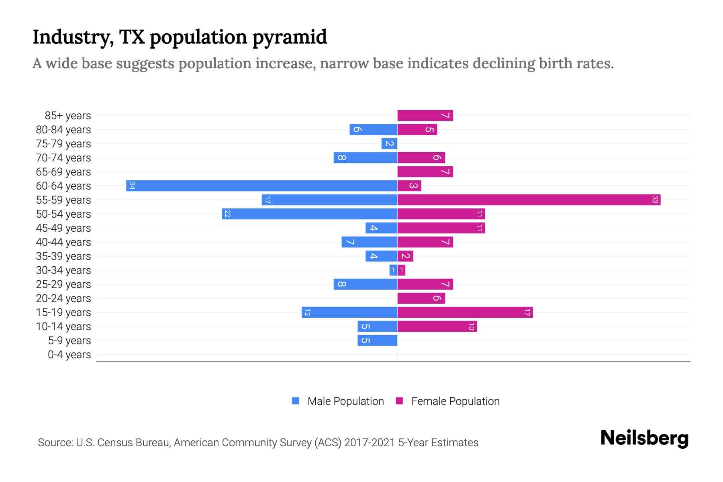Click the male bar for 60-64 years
pyautogui.click(x=261, y=186)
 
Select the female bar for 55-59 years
pyautogui.click(x=529, y=200)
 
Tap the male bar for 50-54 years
pyautogui.click(x=309, y=214)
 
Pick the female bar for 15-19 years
pyautogui.click(x=465, y=312)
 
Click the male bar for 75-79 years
pyautogui.click(x=389, y=144)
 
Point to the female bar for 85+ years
pyautogui.click(x=425, y=116)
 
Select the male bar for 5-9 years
pyautogui.click(x=377, y=341)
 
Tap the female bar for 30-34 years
pyautogui.click(x=401, y=270)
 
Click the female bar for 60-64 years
pyautogui.click(x=409, y=186)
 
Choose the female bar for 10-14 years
pyautogui.click(x=437, y=327)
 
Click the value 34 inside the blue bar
pyautogui.click(x=132, y=186)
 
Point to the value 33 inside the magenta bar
pyautogui.click(x=655, y=200)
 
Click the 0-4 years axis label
pyautogui.click(x=69, y=355)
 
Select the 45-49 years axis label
pyautogui.click(x=63, y=228)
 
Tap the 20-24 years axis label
pyautogui.click(x=63, y=298)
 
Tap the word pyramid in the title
pyautogui.click(x=290, y=37)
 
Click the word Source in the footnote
pyautogui.click(x=55, y=443)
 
